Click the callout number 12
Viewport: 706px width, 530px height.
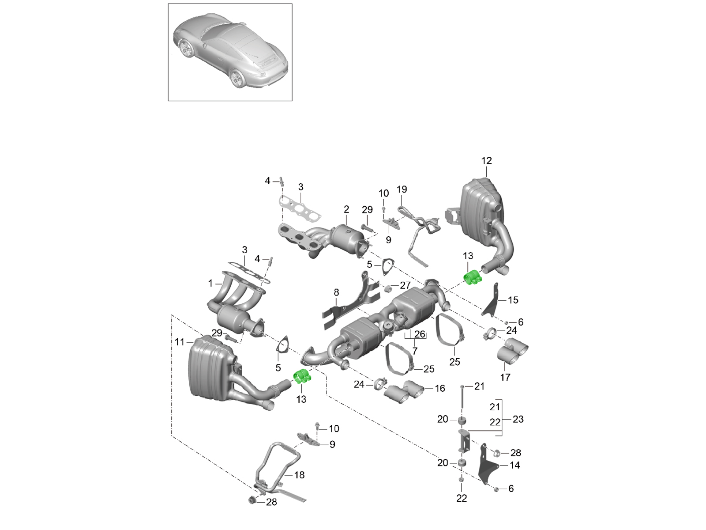[486, 161]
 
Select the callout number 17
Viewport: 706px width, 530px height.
[505, 377]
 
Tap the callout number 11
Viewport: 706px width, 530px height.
[179, 342]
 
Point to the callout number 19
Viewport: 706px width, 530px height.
[402, 189]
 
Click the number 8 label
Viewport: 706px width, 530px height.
[336, 292]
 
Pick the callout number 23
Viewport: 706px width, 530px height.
[518, 419]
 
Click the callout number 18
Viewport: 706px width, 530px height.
[299, 475]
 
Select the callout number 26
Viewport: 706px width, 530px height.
[420, 334]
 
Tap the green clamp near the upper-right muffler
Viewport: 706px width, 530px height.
[473, 277]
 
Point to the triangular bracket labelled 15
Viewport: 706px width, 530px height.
[491, 301]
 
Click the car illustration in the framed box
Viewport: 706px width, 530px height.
[230, 52]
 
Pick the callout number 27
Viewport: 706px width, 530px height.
[405, 286]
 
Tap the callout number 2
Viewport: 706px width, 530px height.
[346, 209]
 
